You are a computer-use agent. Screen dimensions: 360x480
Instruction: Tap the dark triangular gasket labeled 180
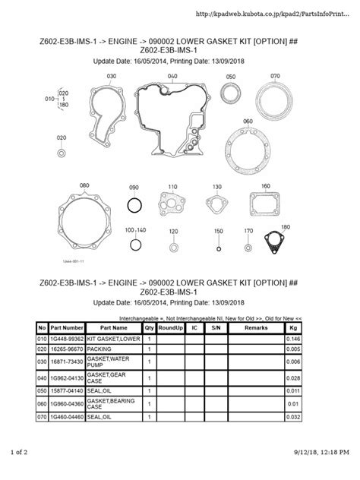pyautogui.click(x=268, y=240)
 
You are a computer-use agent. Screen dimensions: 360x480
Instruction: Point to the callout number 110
pyautogui.click(x=172, y=187)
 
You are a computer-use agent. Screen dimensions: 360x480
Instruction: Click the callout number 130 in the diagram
pyautogui.click(x=216, y=187)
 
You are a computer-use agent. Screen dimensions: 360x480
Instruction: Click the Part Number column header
pyautogui.click(x=68, y=327)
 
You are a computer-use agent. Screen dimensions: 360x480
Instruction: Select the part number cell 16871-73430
pyautogui.click(x=68, y=362)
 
